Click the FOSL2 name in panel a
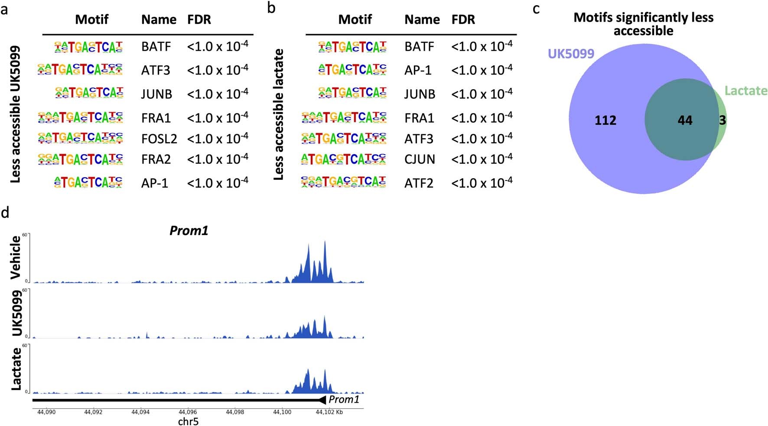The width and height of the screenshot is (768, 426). tap(159, 139)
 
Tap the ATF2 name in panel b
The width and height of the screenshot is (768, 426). tap(419, 183)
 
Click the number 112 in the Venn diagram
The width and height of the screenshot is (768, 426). tap(605, 120)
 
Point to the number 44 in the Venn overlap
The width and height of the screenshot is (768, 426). tap(685, 120)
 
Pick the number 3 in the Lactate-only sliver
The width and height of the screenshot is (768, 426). tap(722, 120)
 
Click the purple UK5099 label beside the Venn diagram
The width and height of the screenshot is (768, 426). tap(571, 54)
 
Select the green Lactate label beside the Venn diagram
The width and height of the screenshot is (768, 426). tap(745, 91)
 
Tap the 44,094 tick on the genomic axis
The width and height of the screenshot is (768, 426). tap(140, 412)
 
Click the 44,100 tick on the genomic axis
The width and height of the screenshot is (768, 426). tap(282, 412)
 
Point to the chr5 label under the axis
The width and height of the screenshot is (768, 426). tap(188, 421)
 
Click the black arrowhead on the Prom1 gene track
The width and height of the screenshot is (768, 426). tap(322, 400)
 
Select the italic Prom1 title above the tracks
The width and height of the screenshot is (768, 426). tap(189, 230)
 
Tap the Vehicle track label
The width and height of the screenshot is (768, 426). tap(16, 258)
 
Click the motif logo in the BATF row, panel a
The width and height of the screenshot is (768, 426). tap(88, 47)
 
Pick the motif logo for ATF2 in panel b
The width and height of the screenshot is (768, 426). tap(343, 182)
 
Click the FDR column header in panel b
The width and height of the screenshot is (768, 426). tap(463, 19)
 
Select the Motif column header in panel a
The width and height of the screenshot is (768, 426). tap(91, 19)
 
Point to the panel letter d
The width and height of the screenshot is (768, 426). tap(5, 213)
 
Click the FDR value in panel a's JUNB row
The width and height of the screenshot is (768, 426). tap(218, 94)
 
